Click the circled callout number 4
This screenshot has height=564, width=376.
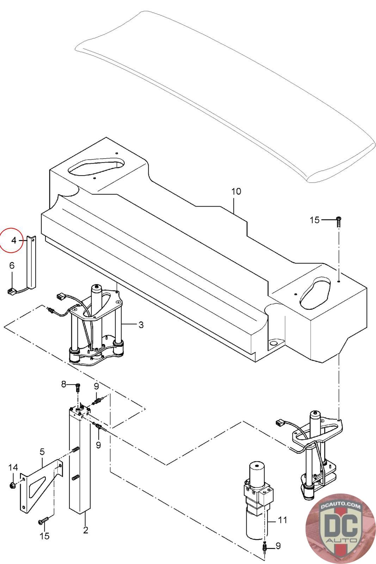tap(14, 240)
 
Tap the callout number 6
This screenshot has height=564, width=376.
tap(12, 265)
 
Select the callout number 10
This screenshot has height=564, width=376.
tap(236, 191)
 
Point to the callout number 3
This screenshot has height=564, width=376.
tap(141, 325)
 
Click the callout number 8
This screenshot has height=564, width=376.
tap(64, 384)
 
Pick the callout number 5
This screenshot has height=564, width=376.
tap(42, 452)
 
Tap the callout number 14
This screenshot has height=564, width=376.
tap(13, 467)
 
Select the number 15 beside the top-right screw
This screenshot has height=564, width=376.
tap(314, 220)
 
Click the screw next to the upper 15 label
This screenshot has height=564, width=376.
tap(339, 222)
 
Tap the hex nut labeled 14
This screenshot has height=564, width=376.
tap(12, 485)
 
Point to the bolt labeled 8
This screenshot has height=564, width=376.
tap(78, 387)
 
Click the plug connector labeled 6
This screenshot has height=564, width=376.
tap(11, 292)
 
